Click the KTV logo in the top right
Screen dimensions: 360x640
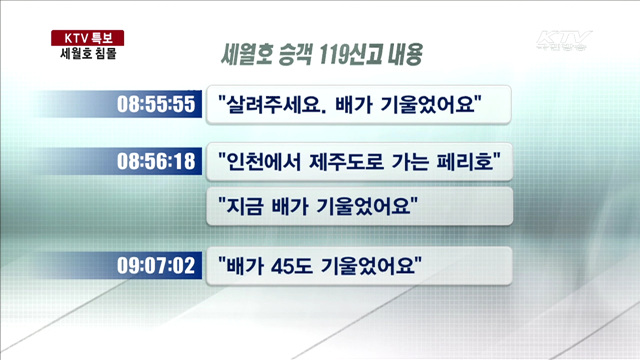[565, 42]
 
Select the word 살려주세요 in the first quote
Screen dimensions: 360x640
[268, 104]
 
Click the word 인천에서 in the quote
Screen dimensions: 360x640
[260, 160]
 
